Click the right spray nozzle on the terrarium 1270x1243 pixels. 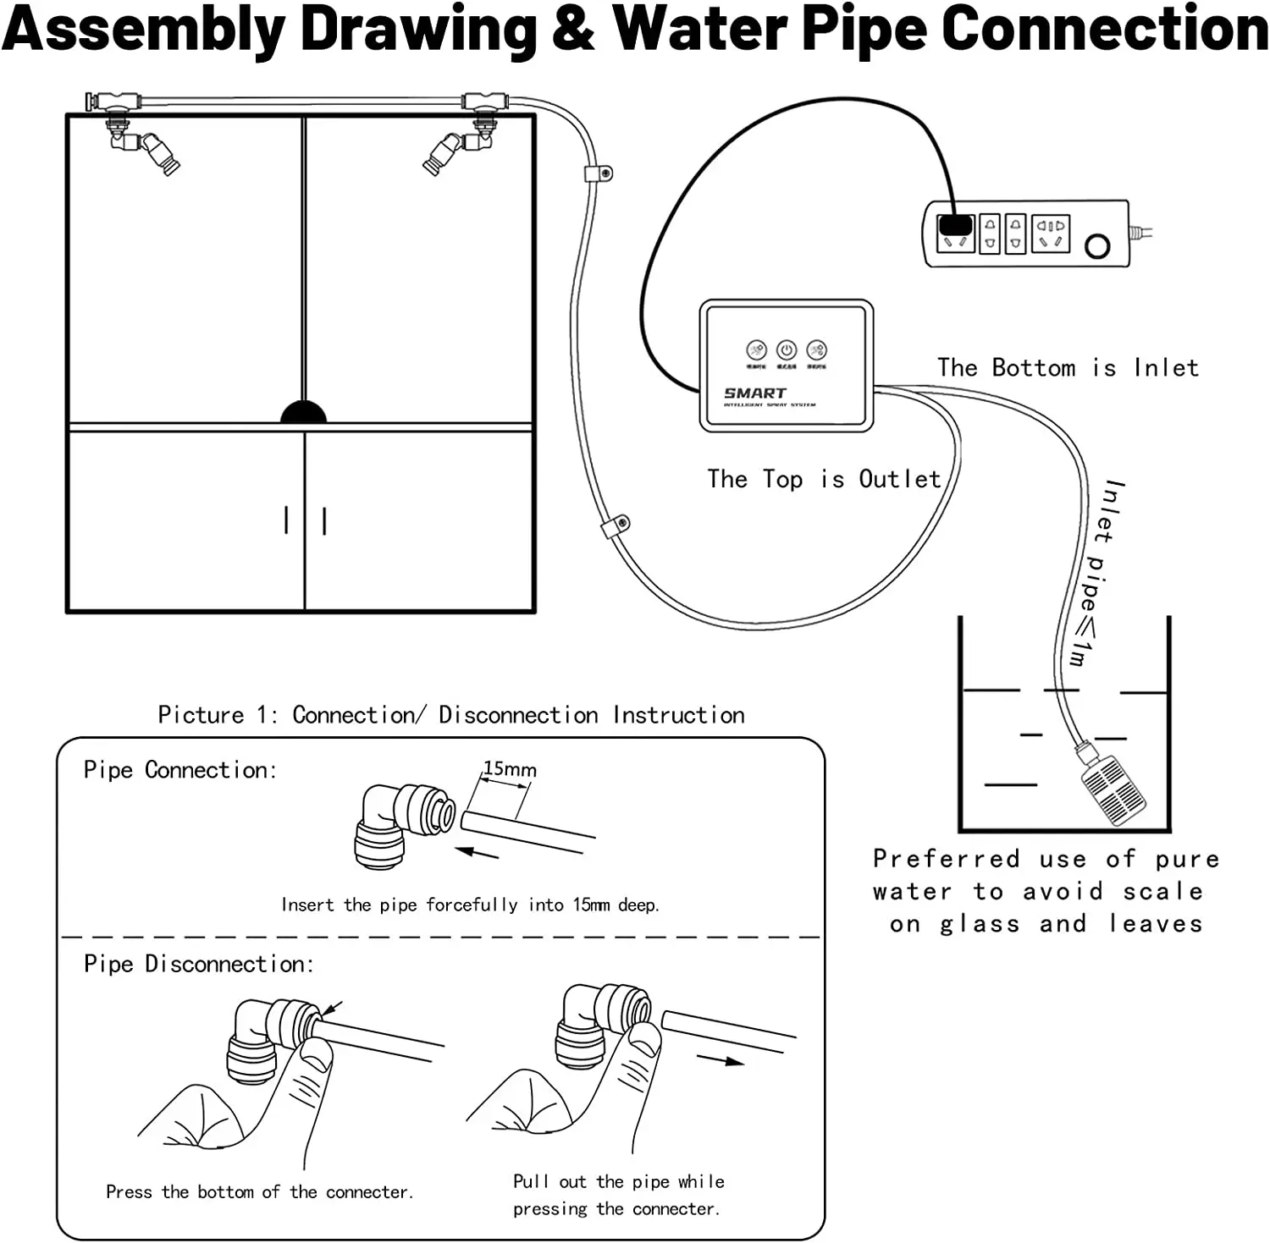pos(444,152)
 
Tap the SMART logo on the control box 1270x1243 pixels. pos(754,393)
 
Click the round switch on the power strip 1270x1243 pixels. pos(1097,246)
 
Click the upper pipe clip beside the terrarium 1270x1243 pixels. pos(598,174)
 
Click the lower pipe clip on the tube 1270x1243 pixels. pos(616,527)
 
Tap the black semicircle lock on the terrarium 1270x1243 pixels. pos(303,412)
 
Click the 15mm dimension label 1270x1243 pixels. pos(510,769)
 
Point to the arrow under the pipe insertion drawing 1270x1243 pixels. pos(477,852)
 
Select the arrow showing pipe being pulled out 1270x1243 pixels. pos(720,1059)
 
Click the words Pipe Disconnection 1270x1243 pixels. pos(198,964)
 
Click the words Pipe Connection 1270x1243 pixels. pos(179,770)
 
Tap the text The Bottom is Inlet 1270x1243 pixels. pos(1068,368)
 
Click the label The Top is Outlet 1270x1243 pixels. pos(824,480)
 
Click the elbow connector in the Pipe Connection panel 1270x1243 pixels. pos(398,824)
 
